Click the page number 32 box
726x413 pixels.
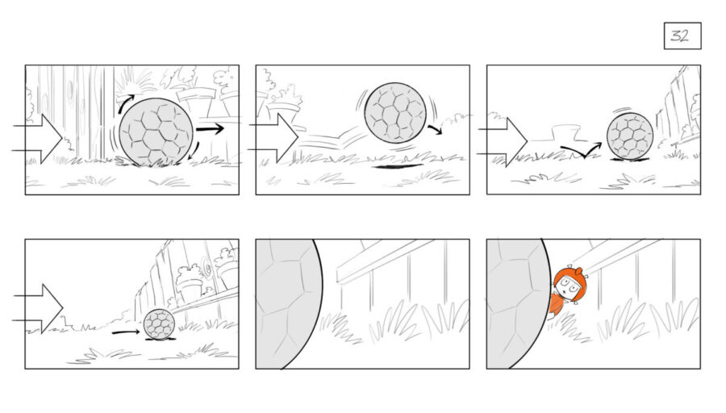[682, 35]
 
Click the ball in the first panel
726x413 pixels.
[156, 131]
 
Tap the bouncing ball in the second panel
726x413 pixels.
[395, 112]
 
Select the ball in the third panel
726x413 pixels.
[630, 136]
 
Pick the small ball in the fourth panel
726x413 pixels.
[159, 323]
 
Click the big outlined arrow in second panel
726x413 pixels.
[273, 138]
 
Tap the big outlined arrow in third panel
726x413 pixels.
[503, 142]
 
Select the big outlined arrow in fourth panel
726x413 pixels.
[38, 308]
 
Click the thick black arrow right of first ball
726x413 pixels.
[211, 129]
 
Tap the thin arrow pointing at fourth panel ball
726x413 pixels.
[126, 332]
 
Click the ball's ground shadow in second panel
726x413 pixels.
[398, 166]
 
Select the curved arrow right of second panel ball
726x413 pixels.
[435, 129]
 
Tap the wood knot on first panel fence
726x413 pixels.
[70, 91]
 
